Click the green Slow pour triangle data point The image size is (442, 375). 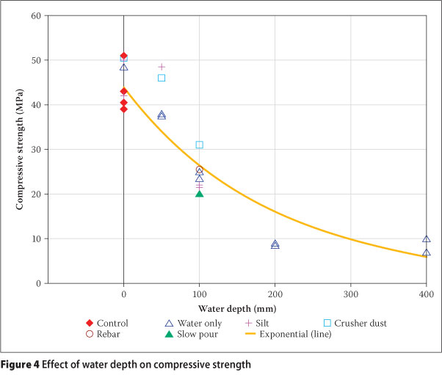(199, 193)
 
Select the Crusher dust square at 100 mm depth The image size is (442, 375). (199, 145)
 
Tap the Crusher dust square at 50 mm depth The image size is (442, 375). (162, 78)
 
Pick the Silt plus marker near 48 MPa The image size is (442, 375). (162, 67)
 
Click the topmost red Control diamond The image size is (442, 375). (123, 56)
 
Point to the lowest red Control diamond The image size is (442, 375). (123, 109)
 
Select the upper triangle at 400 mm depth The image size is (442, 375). (426, 239)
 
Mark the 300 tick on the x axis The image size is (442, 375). (350, 294)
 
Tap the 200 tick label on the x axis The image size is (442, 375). (275, 294)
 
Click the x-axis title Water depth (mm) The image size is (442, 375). (237, 308)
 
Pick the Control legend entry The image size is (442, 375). (107, 323)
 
